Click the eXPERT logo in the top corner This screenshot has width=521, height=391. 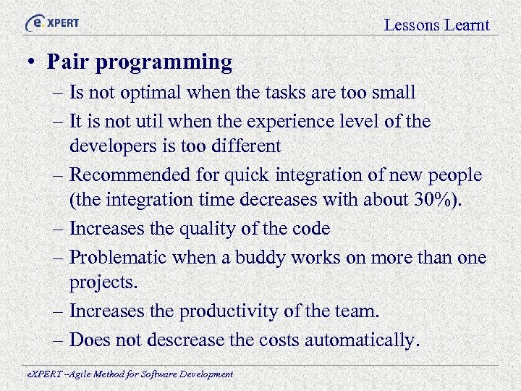tap(52, 22)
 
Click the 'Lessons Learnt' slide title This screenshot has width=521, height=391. tap(436, 25)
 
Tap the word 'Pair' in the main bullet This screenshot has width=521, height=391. tap(67, 62)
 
